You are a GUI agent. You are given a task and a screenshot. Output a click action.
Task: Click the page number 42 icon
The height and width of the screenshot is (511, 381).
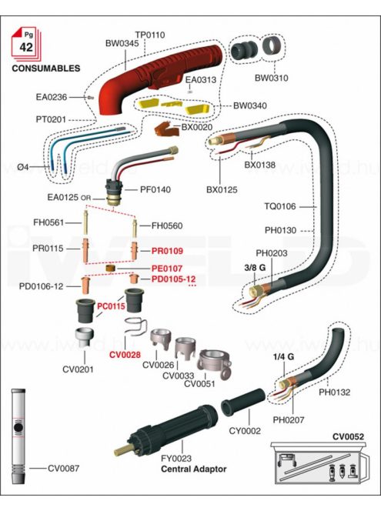26,44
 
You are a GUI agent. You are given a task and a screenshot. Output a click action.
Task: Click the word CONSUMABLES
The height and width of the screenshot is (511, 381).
46,68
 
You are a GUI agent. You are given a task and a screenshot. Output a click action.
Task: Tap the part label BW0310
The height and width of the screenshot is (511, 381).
271,78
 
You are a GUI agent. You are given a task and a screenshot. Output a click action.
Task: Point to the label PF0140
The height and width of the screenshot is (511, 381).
155,189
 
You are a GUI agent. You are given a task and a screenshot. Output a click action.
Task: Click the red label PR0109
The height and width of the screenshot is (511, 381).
167,251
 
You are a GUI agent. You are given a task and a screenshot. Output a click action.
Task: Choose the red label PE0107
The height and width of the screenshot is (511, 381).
167,269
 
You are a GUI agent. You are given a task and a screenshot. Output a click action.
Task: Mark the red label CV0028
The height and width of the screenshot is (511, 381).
125,355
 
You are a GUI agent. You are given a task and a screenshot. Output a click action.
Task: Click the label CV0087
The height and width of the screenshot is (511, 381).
64,469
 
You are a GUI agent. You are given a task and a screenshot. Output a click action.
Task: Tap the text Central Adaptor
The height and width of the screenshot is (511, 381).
194,469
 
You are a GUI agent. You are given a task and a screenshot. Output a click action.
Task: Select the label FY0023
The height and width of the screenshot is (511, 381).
176,459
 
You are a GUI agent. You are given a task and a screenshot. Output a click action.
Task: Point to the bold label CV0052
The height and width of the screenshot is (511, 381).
348,436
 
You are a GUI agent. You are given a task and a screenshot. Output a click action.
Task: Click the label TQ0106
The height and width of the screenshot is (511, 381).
280,206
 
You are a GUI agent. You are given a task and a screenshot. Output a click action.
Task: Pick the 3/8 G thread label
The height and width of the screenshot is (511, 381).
255,268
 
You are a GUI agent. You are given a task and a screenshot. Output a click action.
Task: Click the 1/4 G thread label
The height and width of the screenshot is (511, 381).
283,357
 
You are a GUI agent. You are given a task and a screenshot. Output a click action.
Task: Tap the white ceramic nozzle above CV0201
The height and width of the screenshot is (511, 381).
85,338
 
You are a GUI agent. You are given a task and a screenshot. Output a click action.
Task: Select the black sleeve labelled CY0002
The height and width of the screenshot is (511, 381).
242,402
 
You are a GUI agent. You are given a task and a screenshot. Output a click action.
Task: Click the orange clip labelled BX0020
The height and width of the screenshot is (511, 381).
166,129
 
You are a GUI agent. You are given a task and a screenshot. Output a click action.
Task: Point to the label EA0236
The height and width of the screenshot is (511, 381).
52,97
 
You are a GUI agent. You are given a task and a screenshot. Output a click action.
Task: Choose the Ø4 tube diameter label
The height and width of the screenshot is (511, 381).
23,167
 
